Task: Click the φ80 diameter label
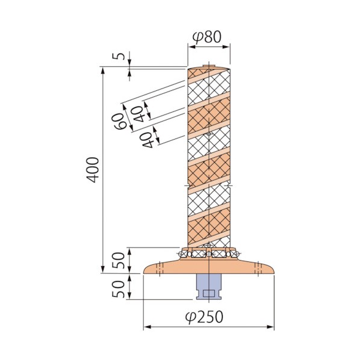[x=207, y=37]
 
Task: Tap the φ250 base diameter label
[x=204, y=317]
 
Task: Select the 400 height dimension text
[x=93, y=170]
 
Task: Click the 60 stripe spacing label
[x=119, y=121]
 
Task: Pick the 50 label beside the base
[x=119, y=260]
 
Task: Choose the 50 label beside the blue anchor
[x=119, y=289]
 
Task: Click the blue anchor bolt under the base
[x=209, y=287]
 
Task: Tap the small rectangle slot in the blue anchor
[x=209, y=293]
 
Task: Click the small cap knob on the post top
[x=209, y=66]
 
